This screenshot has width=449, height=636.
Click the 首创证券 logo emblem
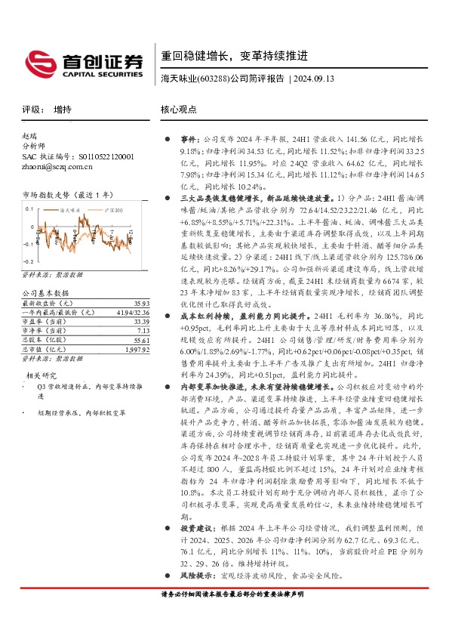[37, 61]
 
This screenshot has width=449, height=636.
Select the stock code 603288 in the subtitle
[214, 79]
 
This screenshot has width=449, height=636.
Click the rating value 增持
[63, 110]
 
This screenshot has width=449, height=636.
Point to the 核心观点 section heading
[177, 110]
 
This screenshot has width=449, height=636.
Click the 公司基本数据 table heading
[45, 271]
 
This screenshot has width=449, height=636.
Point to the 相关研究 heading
[42, 375]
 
